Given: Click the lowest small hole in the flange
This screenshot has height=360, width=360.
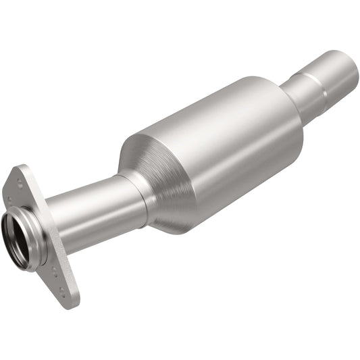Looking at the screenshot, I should [x=63, y=291].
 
